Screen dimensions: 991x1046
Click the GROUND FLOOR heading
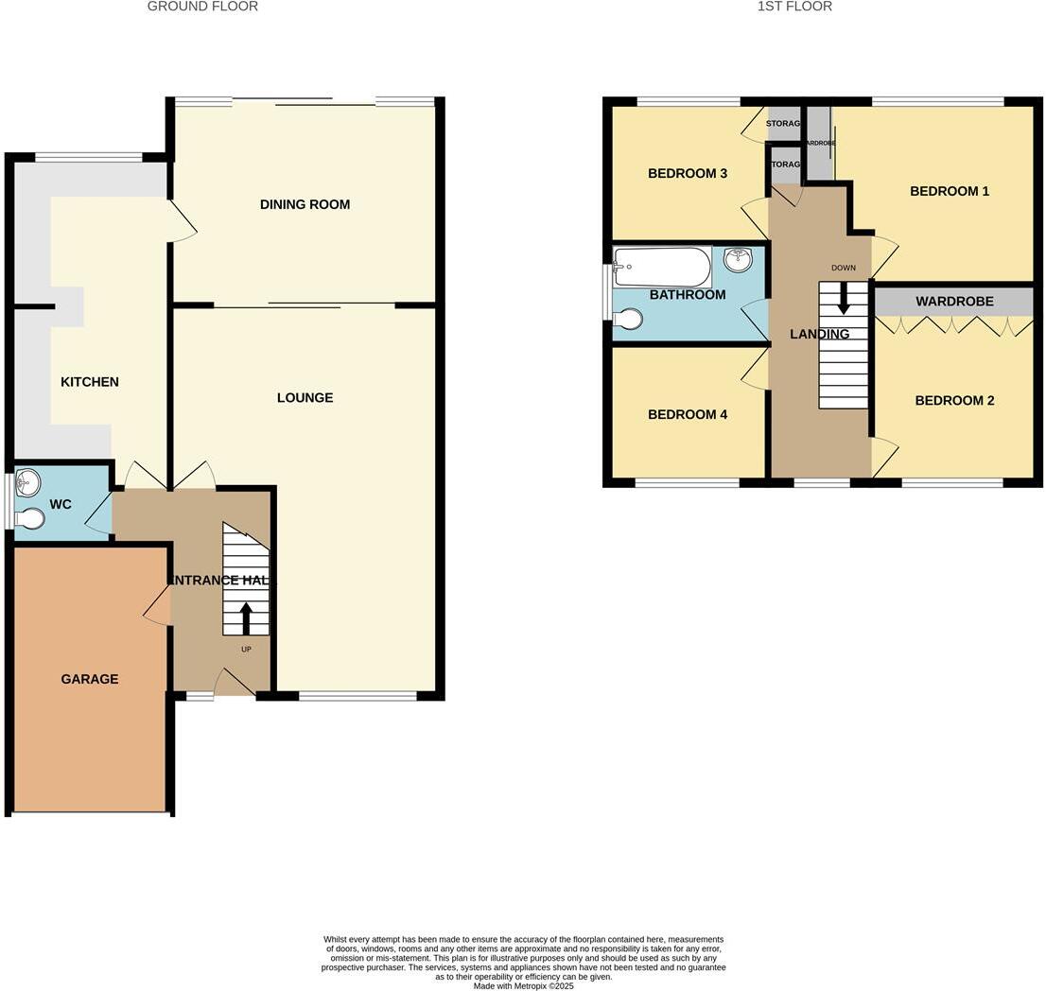(202, 7)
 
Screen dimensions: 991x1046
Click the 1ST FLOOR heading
(794, 7)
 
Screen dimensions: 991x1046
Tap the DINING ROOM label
(305, 204)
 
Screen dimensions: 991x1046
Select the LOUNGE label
(305, 398)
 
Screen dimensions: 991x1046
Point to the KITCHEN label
(90, 382)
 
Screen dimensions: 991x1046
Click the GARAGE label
(90, 679)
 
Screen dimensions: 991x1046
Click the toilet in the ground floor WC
(30, 519)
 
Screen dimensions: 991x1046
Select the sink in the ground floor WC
(28, 487)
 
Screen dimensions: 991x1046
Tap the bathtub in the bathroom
(662, 267)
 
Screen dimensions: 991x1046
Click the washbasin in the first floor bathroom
(738, 259)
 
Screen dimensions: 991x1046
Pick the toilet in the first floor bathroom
(627, 320)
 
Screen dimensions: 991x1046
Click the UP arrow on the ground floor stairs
(246, 618)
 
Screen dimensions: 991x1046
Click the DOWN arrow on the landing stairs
(844, 300)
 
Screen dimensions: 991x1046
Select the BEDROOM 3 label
(688, 174)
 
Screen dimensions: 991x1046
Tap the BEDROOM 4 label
(688, 414)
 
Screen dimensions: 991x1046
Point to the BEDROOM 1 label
(950, 192)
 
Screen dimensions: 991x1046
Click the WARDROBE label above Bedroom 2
(954, 302)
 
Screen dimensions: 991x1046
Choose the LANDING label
(819, 334)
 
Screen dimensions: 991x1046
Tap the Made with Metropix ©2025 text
(523, 985)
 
